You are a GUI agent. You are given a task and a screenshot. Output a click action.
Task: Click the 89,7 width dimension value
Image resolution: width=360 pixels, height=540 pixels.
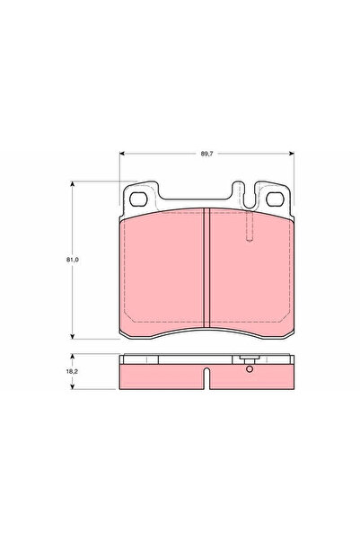tap(207, 154)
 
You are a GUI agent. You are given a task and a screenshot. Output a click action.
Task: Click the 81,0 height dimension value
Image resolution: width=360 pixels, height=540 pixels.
tap(73, 260)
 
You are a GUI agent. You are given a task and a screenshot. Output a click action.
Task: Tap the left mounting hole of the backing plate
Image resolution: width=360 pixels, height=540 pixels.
tap(138, 199)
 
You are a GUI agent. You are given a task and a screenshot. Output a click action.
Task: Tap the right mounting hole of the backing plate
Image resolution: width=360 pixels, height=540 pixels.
tap(275, 199)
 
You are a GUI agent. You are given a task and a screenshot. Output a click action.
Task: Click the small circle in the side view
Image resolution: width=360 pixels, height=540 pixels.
tap(250, 369)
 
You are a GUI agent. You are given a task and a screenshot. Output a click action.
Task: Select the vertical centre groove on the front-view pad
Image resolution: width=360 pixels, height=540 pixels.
tap(206, 268)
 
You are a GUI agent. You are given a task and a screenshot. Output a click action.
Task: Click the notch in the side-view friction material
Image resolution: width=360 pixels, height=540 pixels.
tap(206, 378)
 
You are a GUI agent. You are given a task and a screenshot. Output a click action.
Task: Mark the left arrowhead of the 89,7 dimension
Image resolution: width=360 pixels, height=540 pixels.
tap(121, 154)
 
